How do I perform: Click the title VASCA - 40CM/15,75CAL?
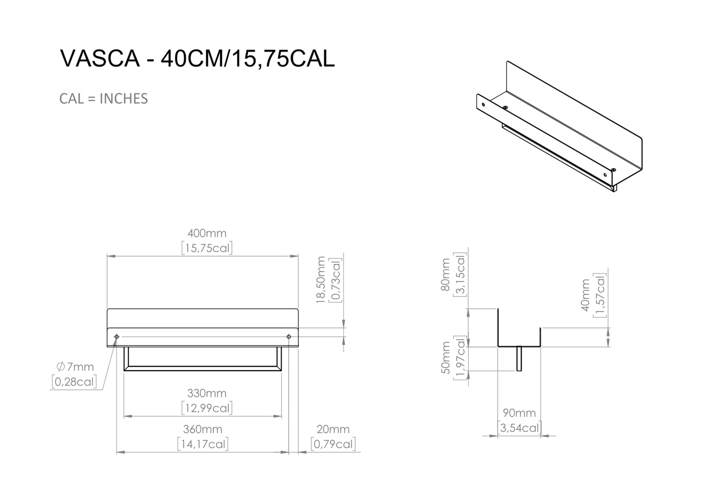[197, 59]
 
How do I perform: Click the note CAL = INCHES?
[104, 99]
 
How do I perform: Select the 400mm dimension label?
[207, 234]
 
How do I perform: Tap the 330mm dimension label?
[207, 393]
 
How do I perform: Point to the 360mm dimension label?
[203, 429]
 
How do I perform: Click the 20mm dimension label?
[333, 429]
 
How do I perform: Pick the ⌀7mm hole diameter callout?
[75, 367]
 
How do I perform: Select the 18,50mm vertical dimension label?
[321, 280]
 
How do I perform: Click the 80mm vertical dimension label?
[445, 275]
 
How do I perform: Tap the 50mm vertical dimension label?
[446, 358]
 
